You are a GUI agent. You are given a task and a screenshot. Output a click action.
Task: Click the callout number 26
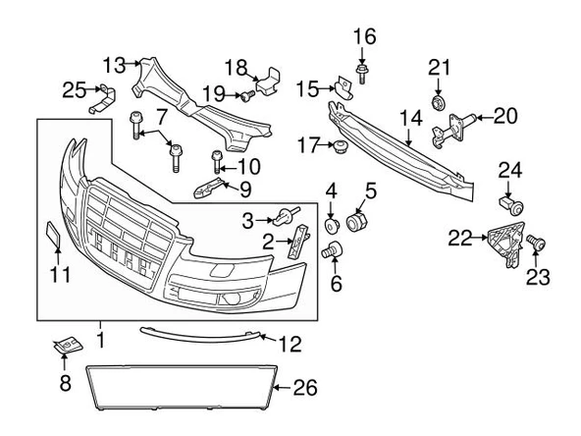pos(305,388)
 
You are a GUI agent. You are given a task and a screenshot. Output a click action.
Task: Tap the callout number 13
pos(115,65)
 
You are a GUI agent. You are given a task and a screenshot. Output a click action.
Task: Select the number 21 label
pos(439,68)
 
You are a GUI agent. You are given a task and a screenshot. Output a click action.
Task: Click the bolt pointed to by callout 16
pos(361,75)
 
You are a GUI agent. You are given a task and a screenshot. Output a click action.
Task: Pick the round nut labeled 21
pos(439,103)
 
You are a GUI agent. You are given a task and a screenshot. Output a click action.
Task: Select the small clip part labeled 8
pos(68,346)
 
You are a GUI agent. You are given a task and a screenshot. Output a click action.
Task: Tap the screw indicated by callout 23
pos(536,244)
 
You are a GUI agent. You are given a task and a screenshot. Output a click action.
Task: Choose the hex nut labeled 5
pos(356,221)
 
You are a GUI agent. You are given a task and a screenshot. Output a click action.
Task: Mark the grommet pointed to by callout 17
pos(340,147)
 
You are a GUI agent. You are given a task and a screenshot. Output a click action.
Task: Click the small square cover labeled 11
pos(53,234)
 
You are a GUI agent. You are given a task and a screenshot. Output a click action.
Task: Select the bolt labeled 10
pos(216,162)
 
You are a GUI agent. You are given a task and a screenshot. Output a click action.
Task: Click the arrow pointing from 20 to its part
pos(483,118)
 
